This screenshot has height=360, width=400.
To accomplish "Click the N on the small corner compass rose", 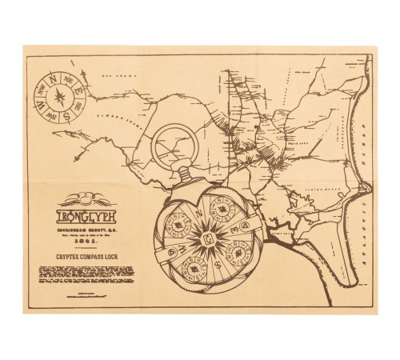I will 54,80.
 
